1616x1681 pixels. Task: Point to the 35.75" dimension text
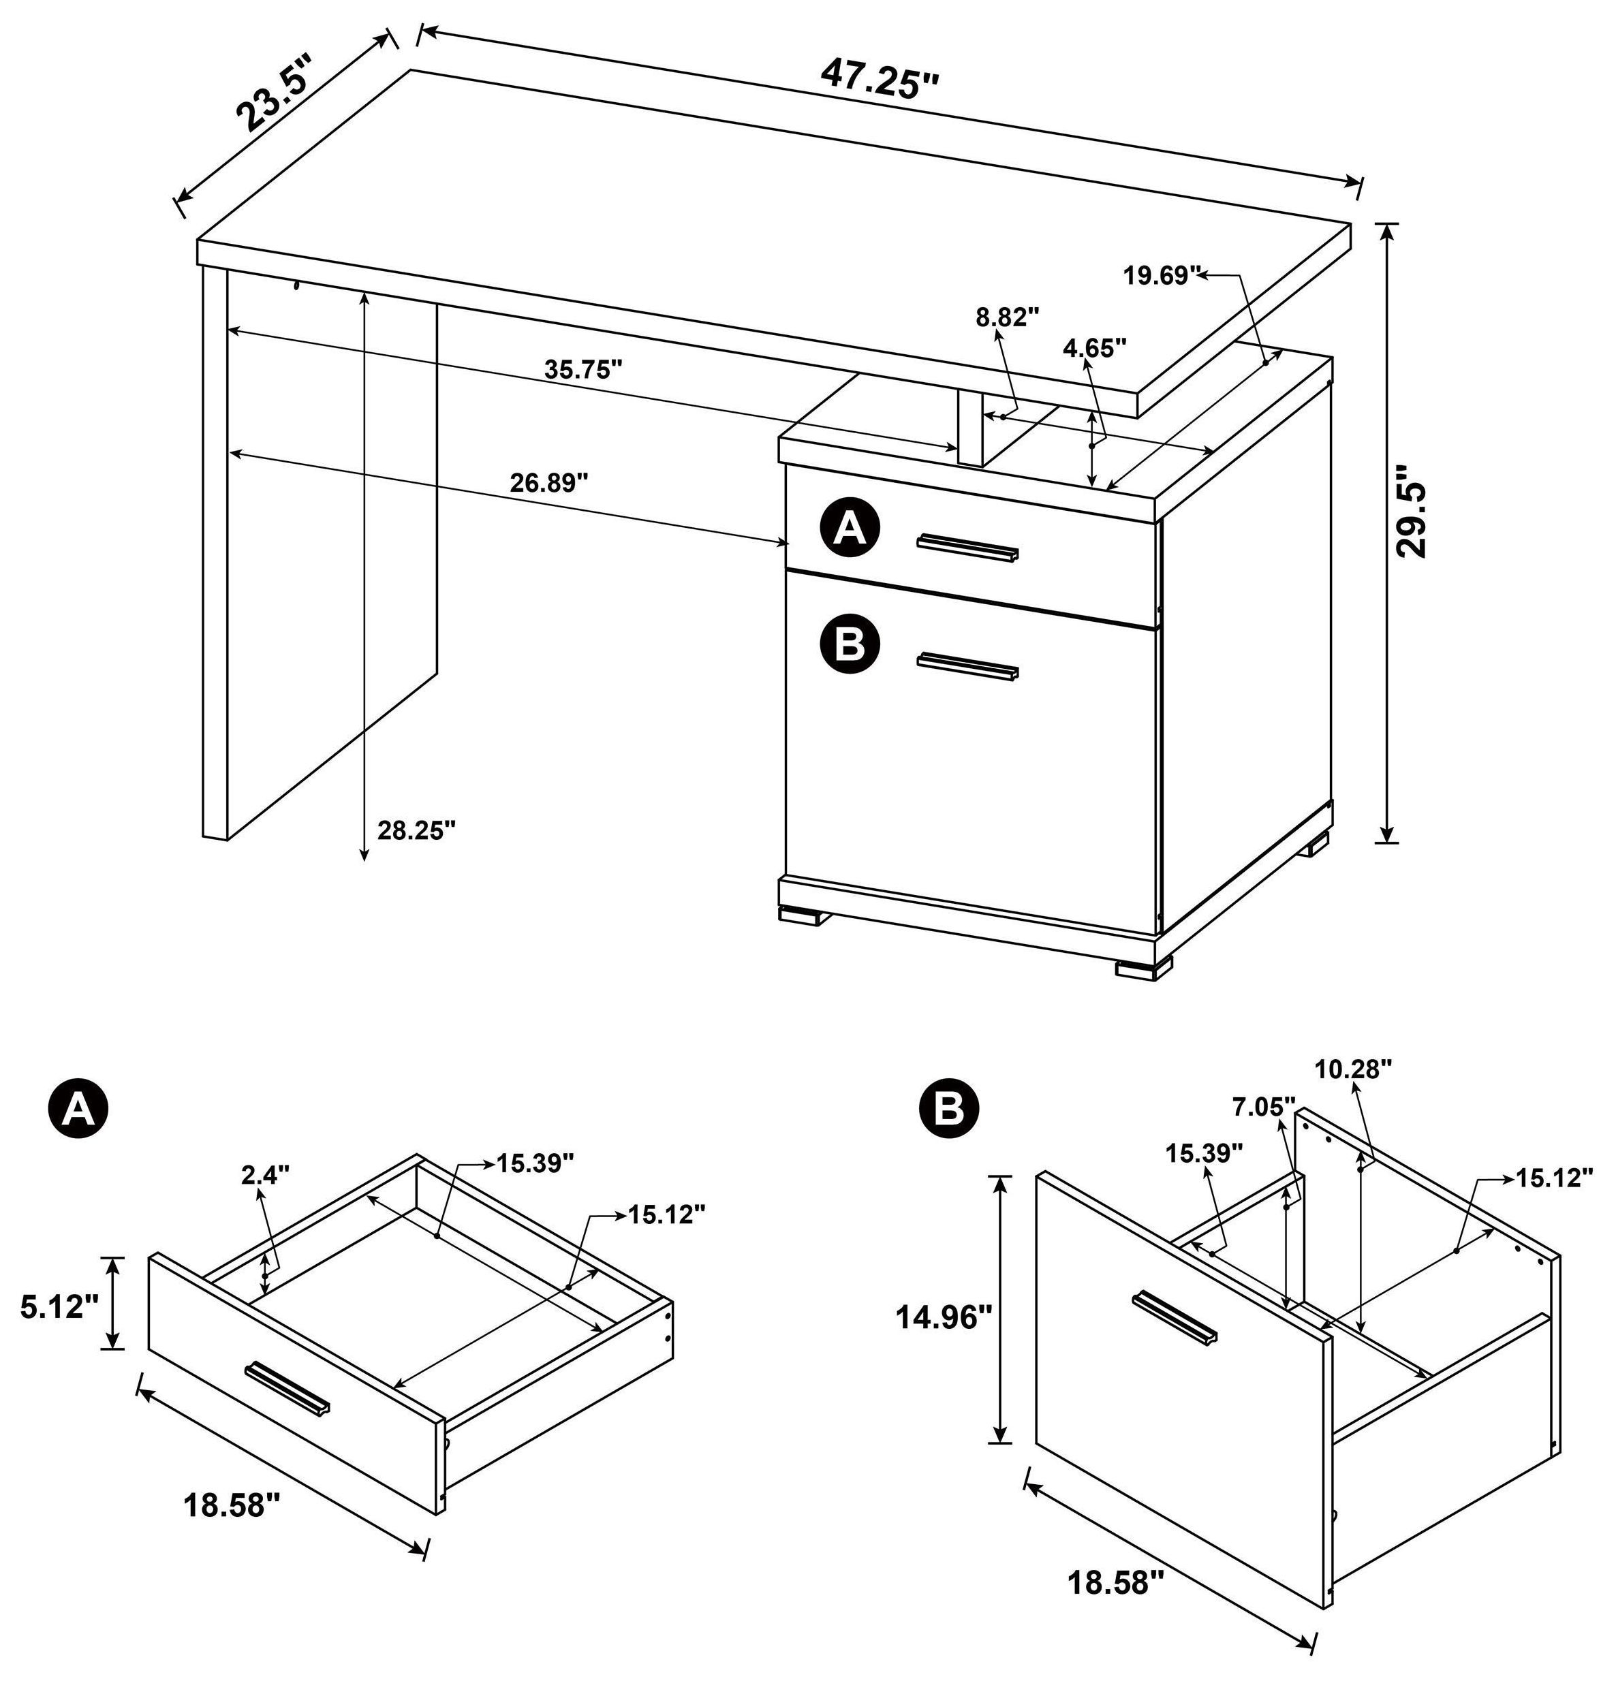583,370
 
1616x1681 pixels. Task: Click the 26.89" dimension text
550,483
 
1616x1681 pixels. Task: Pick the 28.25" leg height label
416,830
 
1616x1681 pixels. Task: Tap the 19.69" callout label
1160,275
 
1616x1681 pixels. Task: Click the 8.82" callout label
1007,317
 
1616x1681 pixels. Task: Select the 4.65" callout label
1093,347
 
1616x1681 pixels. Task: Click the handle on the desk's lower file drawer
967,665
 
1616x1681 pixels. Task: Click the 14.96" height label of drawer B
943,1316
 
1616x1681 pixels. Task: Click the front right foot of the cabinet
1143,969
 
